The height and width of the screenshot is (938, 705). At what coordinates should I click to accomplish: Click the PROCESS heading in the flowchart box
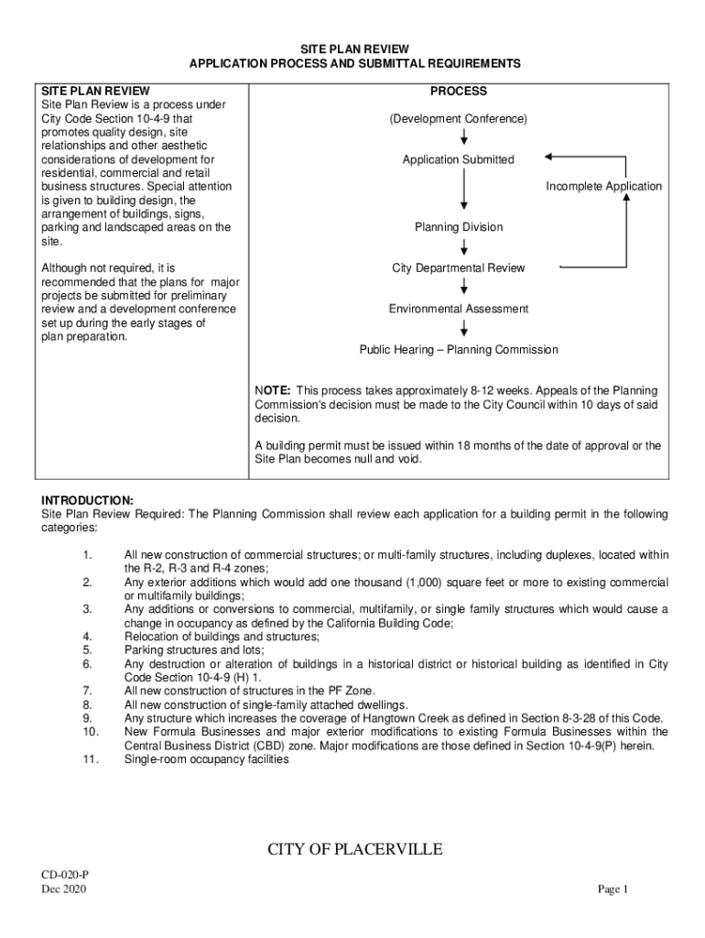pyautogui.click(x=458, y=92)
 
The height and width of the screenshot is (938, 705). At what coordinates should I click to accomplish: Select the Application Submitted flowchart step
pyautogui.click(x=458, y=160)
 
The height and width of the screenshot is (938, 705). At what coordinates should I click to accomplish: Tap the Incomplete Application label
pyautogui.click(x=603, y=187)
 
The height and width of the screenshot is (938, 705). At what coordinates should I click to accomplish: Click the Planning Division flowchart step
pyautogui.click(x=458, y=227)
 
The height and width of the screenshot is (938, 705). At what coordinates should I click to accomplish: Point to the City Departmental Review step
pyautogui.click(x=458, y=268)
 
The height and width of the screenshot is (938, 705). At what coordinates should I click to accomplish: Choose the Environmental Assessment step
pyautogui.click(x=458, y=310)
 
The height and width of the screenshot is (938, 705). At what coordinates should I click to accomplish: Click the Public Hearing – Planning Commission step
pyautogui.click(x=458, y=350)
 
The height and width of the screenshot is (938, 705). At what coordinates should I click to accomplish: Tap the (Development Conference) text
pyautogui.click(x=458, y=120)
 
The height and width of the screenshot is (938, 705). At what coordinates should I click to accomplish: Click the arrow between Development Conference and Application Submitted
pyautogui.click(x=465, y=136)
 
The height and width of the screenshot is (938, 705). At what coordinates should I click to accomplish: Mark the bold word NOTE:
pyautogui.click(x=273, y=391)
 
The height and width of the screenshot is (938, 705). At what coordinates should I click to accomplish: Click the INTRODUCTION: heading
pyautogui.click(x=87, y=500)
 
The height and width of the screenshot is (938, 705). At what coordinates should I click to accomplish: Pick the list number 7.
pyautogui.click(x=86, y=691)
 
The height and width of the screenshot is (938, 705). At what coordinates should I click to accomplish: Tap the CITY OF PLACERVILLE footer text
pyautogui.click(x=354, y=850)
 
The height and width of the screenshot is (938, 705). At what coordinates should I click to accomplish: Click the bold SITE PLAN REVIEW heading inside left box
pyautogui.click(x=95, y=92)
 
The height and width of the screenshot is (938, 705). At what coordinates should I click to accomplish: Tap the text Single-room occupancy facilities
pyautogui.click(x=206, y=759)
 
